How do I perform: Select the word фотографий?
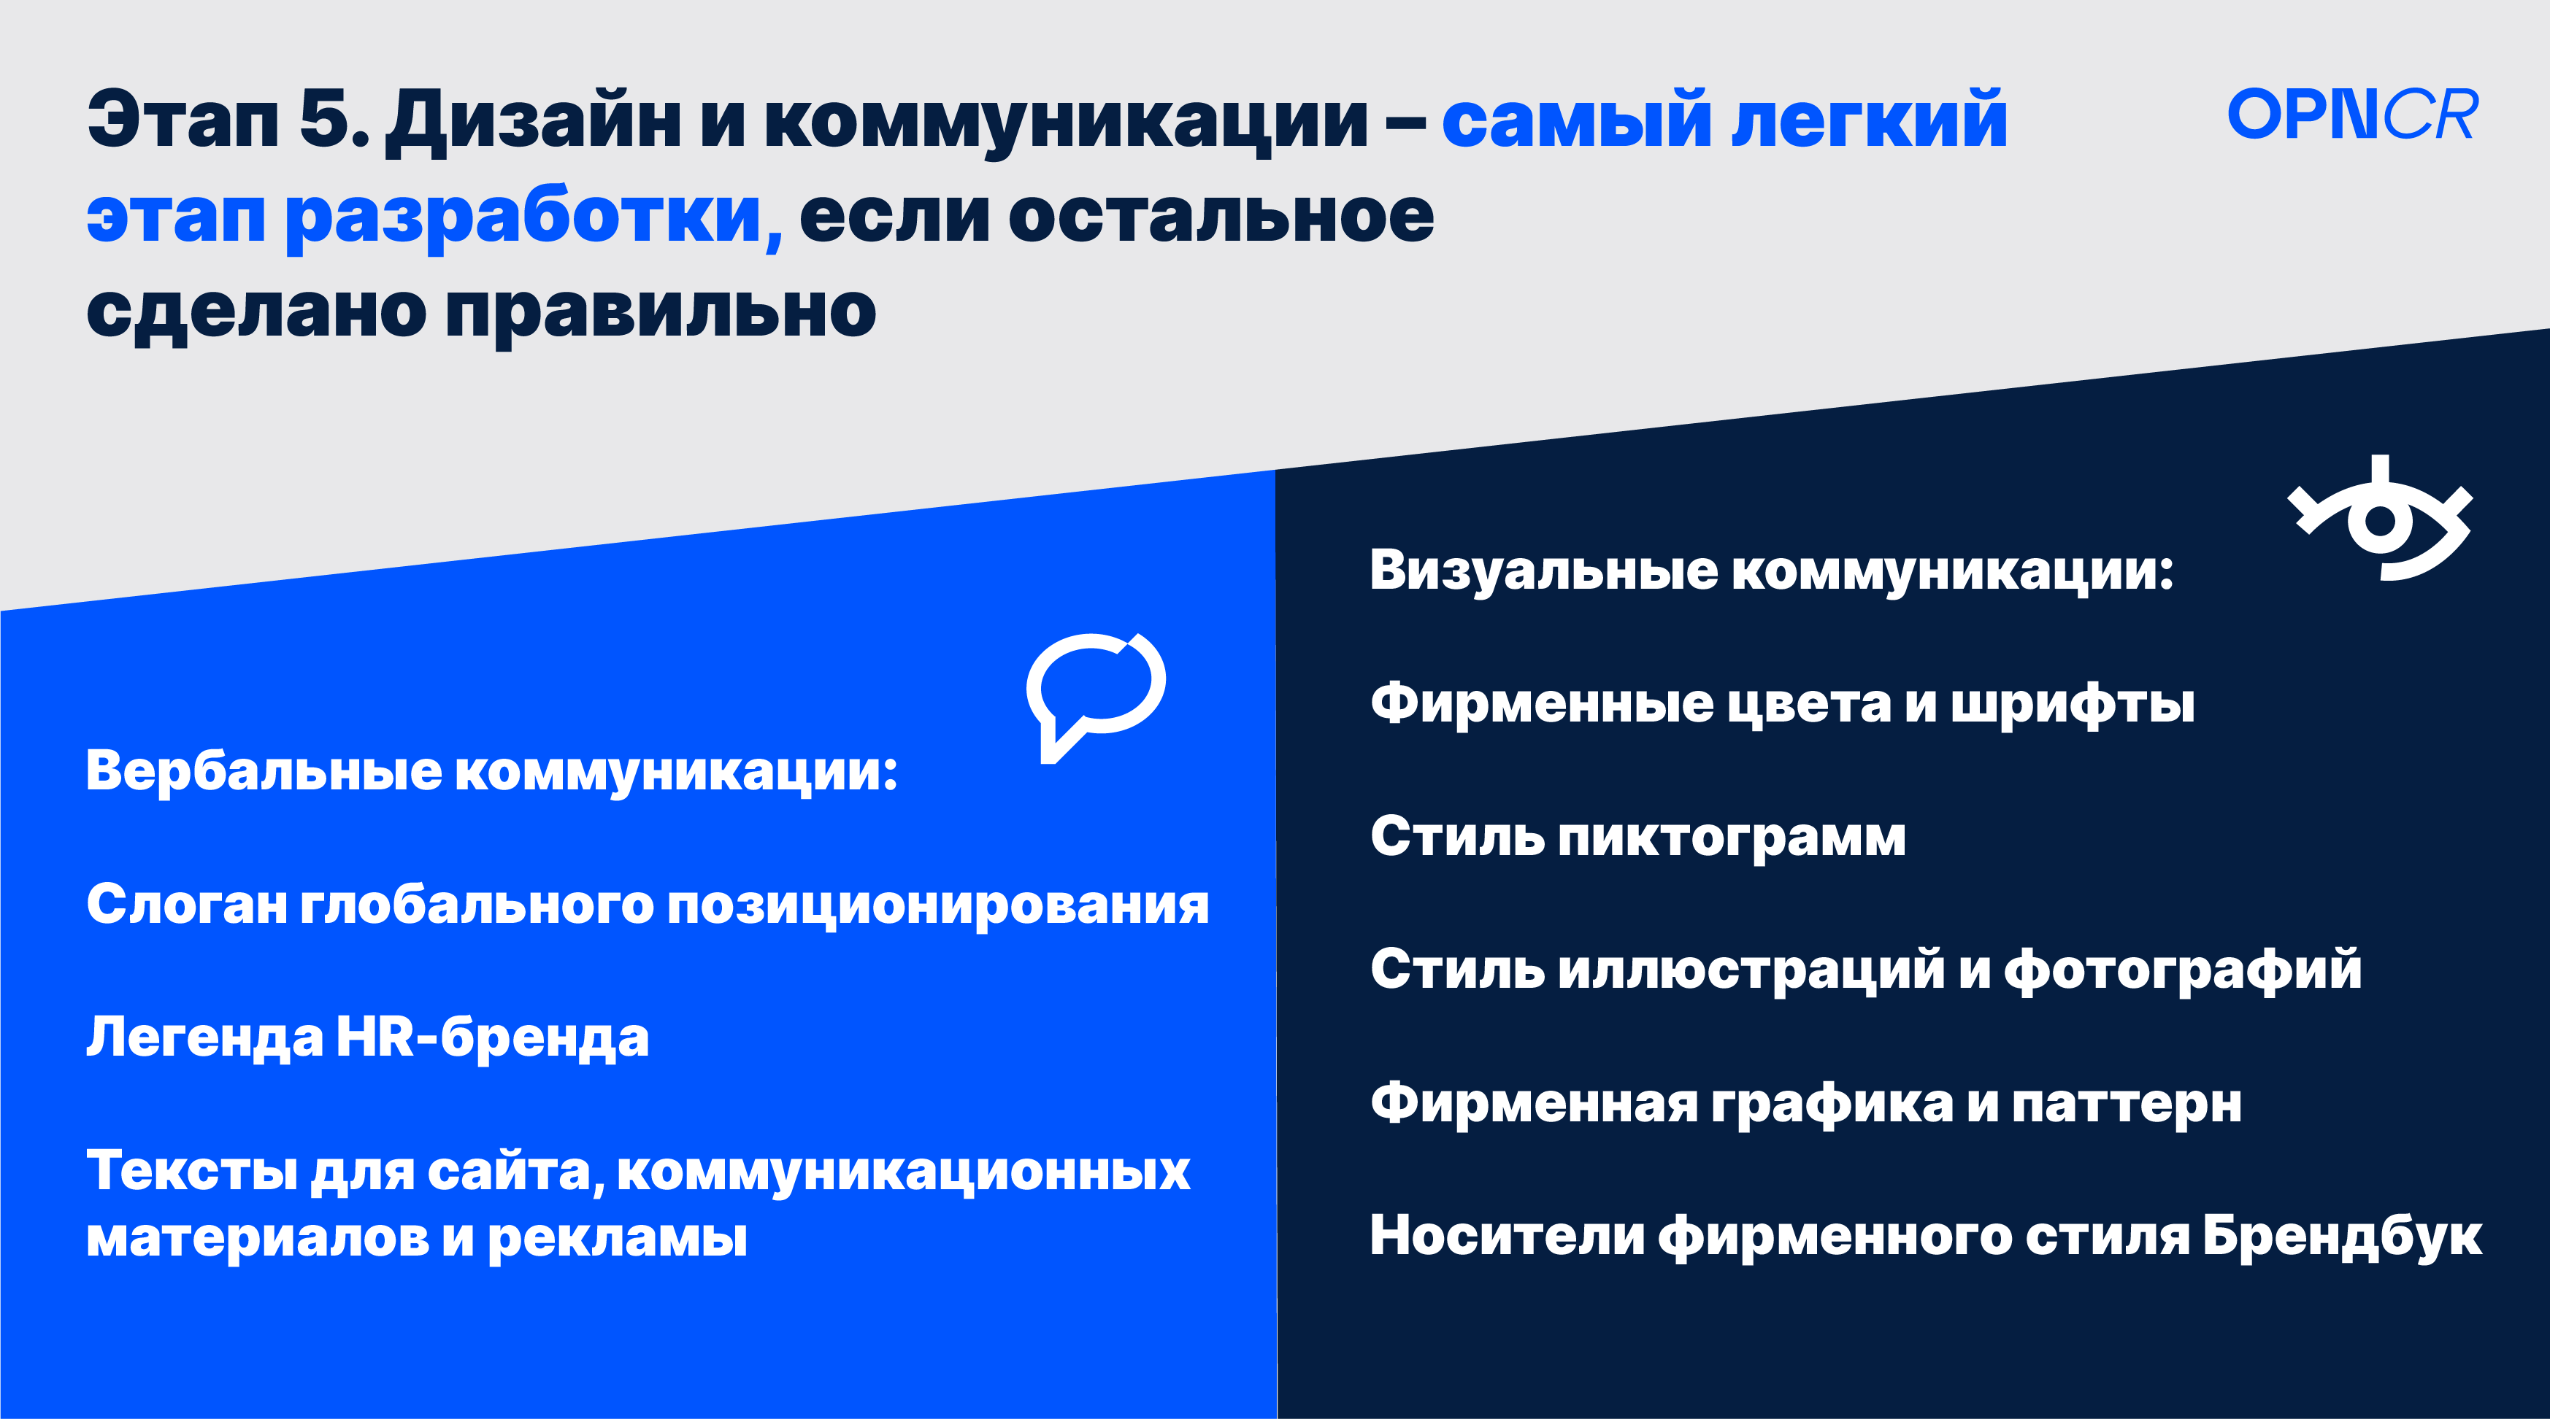pos(2183,970)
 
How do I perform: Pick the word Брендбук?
pos(2342,1237)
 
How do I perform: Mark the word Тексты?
pos(192,1172)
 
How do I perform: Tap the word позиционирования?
pos(938,906)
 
